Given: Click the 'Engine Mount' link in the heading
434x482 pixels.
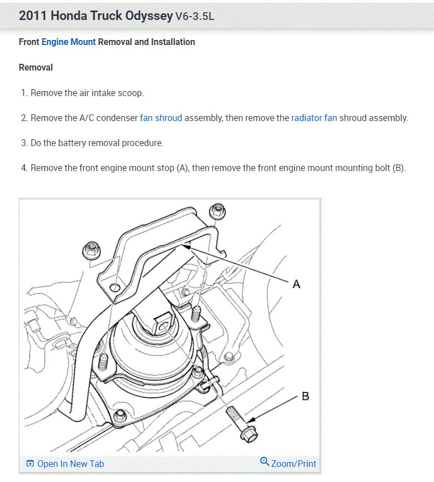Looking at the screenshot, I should pos(68,42).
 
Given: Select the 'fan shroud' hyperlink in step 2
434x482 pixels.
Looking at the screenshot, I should pos(161,118).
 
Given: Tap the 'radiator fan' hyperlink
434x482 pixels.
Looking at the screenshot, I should pos(314,118).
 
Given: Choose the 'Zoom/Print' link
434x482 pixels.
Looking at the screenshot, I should pos(293,464).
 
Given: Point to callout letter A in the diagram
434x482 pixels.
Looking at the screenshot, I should pos(296,284).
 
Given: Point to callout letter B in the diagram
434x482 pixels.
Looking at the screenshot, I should pos(305,396).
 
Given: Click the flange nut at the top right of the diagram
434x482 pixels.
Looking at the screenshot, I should pos(217,211).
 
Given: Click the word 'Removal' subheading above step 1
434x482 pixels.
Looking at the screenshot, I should pos(36,67).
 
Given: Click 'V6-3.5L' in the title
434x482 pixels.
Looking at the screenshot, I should pos(194,16).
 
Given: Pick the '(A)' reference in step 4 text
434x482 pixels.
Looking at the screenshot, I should pos(182,168).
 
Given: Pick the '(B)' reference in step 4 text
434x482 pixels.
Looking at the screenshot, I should pos(399,168).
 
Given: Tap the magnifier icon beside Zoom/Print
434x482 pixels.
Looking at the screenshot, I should pos(265,462).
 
